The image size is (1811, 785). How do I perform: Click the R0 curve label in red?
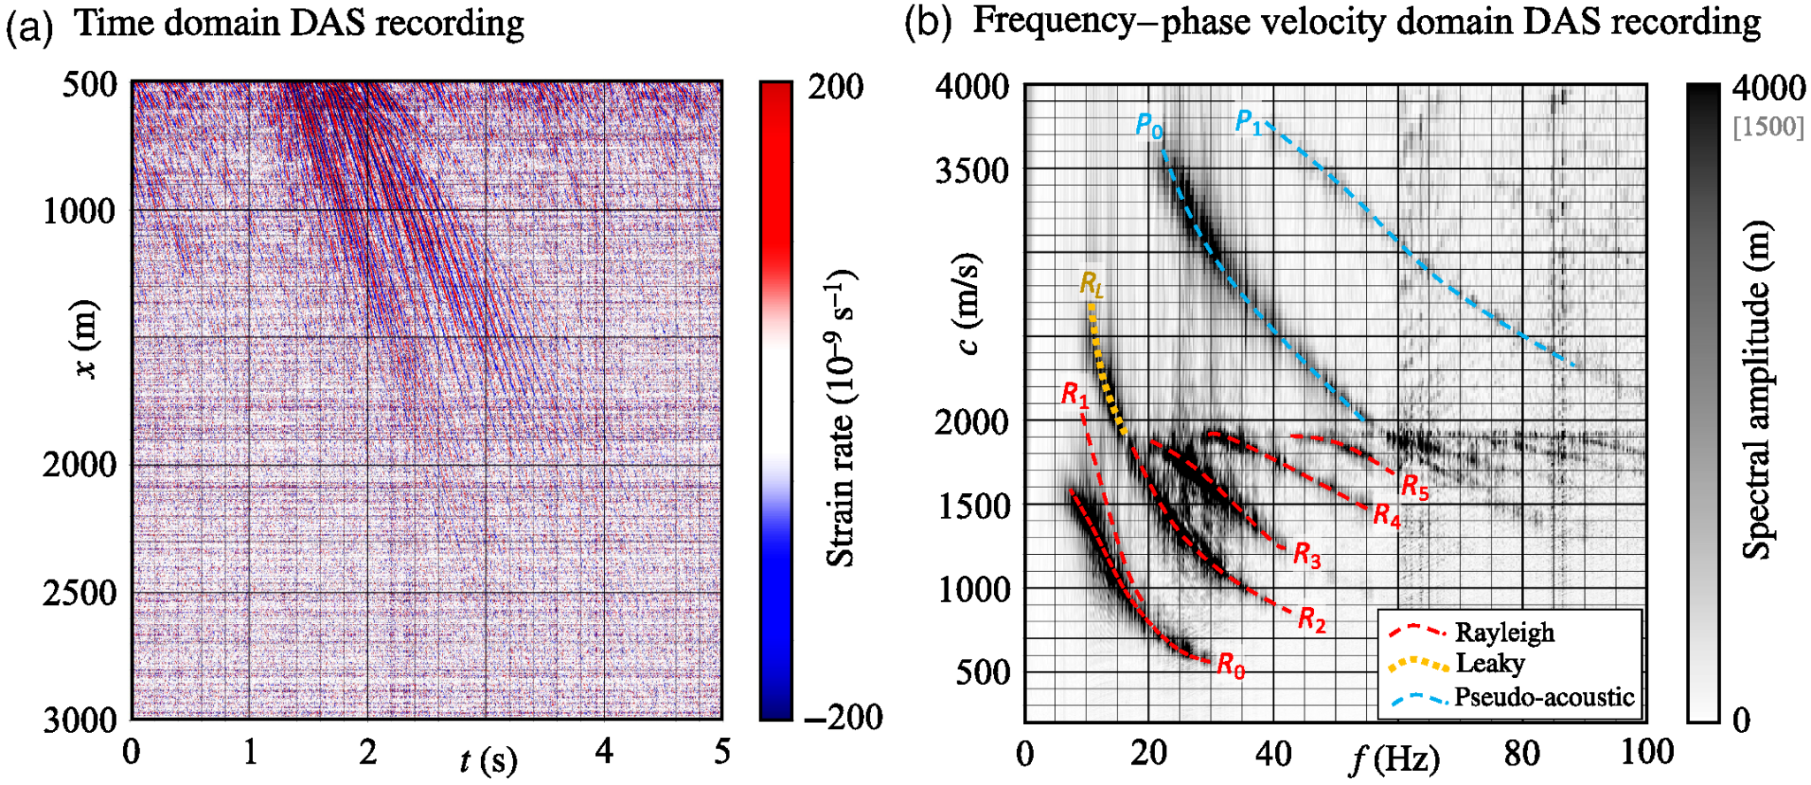1231,665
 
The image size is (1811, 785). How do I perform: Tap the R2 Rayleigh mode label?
1311,620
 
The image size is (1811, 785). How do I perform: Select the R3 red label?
1307,556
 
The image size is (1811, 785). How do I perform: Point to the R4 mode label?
1387,515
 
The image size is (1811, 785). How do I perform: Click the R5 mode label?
1415,487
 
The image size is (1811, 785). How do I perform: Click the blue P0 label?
1149,126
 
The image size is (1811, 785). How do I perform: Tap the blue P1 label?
1249,121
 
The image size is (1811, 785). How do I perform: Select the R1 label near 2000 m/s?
1074,394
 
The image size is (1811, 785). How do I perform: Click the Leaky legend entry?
1490,664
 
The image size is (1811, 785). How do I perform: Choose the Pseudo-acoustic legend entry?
1543,697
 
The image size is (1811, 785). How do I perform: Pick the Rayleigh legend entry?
1504,633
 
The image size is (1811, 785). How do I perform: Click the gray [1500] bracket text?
1769,127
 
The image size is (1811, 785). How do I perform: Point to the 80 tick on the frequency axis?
1522,753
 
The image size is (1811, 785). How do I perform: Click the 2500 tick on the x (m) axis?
80,592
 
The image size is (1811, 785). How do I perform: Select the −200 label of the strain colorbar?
843,717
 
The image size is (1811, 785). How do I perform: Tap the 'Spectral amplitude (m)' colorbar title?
1757,389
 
